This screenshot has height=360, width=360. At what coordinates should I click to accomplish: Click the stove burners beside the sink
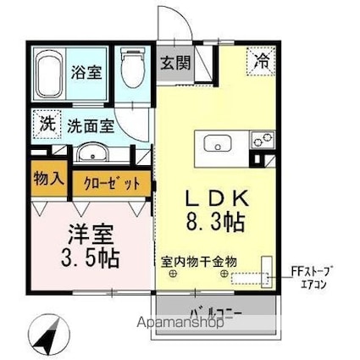[260, 138]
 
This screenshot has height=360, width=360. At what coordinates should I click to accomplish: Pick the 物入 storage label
[48, 180]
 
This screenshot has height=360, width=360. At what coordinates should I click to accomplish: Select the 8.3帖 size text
[217, 224]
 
